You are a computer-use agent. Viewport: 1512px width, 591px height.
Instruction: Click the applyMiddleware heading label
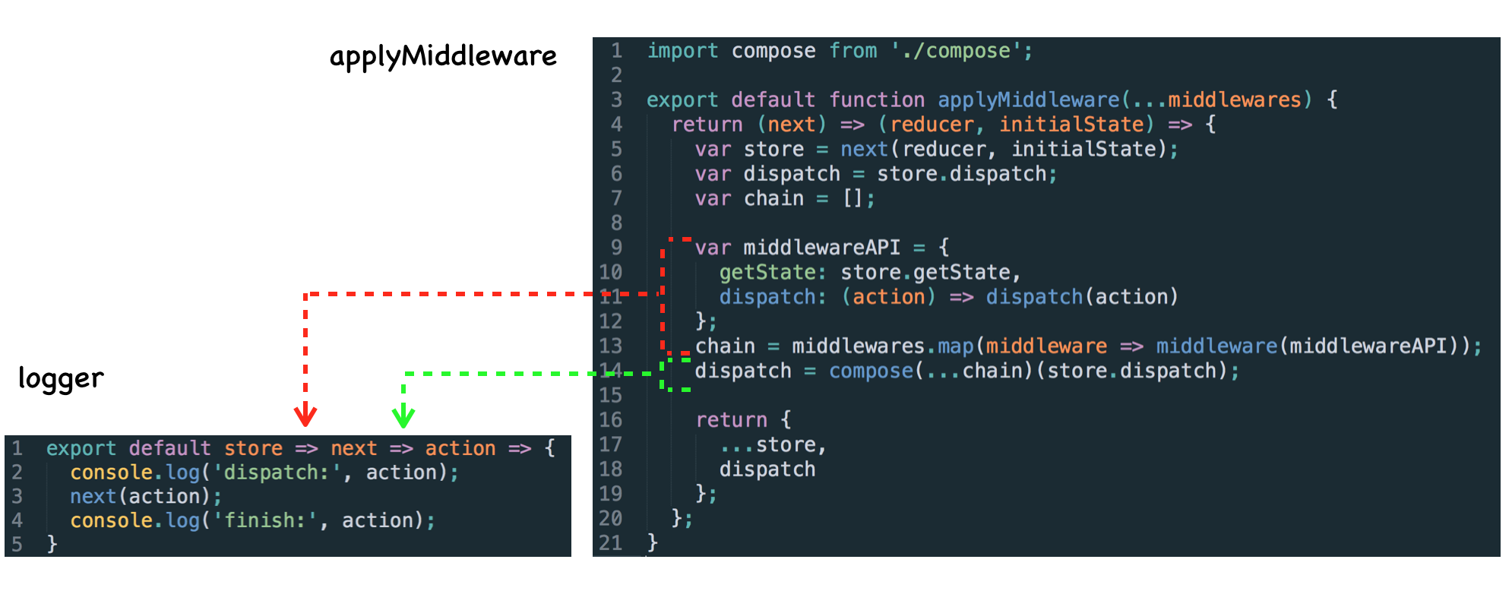tap(443, 56)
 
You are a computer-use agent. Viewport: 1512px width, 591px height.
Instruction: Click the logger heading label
tap(61, 378)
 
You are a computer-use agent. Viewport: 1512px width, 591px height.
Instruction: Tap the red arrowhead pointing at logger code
tap(305, 416)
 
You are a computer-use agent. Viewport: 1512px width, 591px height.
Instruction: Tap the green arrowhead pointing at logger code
tap(403, 416)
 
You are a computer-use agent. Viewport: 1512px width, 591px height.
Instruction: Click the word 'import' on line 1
tap(682, 51)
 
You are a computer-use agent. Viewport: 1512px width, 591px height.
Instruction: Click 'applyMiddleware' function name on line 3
tap(1028, 100)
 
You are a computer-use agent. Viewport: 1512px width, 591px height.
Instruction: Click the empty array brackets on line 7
tap(852, 198)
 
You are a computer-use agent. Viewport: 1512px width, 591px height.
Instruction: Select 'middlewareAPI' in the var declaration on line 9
tap(821, 248)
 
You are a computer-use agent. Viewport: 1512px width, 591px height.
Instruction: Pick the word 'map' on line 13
tap(955, 346)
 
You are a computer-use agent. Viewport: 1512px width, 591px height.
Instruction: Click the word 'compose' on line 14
tap(871, 371)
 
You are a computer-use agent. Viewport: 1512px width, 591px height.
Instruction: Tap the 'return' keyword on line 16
tap(731, 420)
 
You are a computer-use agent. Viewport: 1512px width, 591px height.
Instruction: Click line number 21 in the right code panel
tap(610, 543)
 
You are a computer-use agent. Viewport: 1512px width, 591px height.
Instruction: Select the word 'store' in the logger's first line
tap(253, 448)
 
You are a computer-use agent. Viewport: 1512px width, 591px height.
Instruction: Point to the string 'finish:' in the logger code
tap(264, 520)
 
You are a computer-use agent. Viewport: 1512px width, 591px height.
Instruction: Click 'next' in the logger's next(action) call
tap(93, 496)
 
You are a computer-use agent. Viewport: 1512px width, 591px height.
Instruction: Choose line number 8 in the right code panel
tap(616, 223)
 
